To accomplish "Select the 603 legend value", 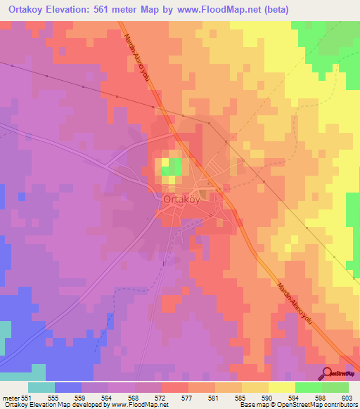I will pyautogui.click(x=348, y=397).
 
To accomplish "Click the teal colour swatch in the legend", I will pyautogui.click(x=41, y=387).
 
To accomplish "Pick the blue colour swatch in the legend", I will pyautogui.click(x=68, y=387).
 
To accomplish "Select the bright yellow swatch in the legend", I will pyautogui.click(x=281, y=387).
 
